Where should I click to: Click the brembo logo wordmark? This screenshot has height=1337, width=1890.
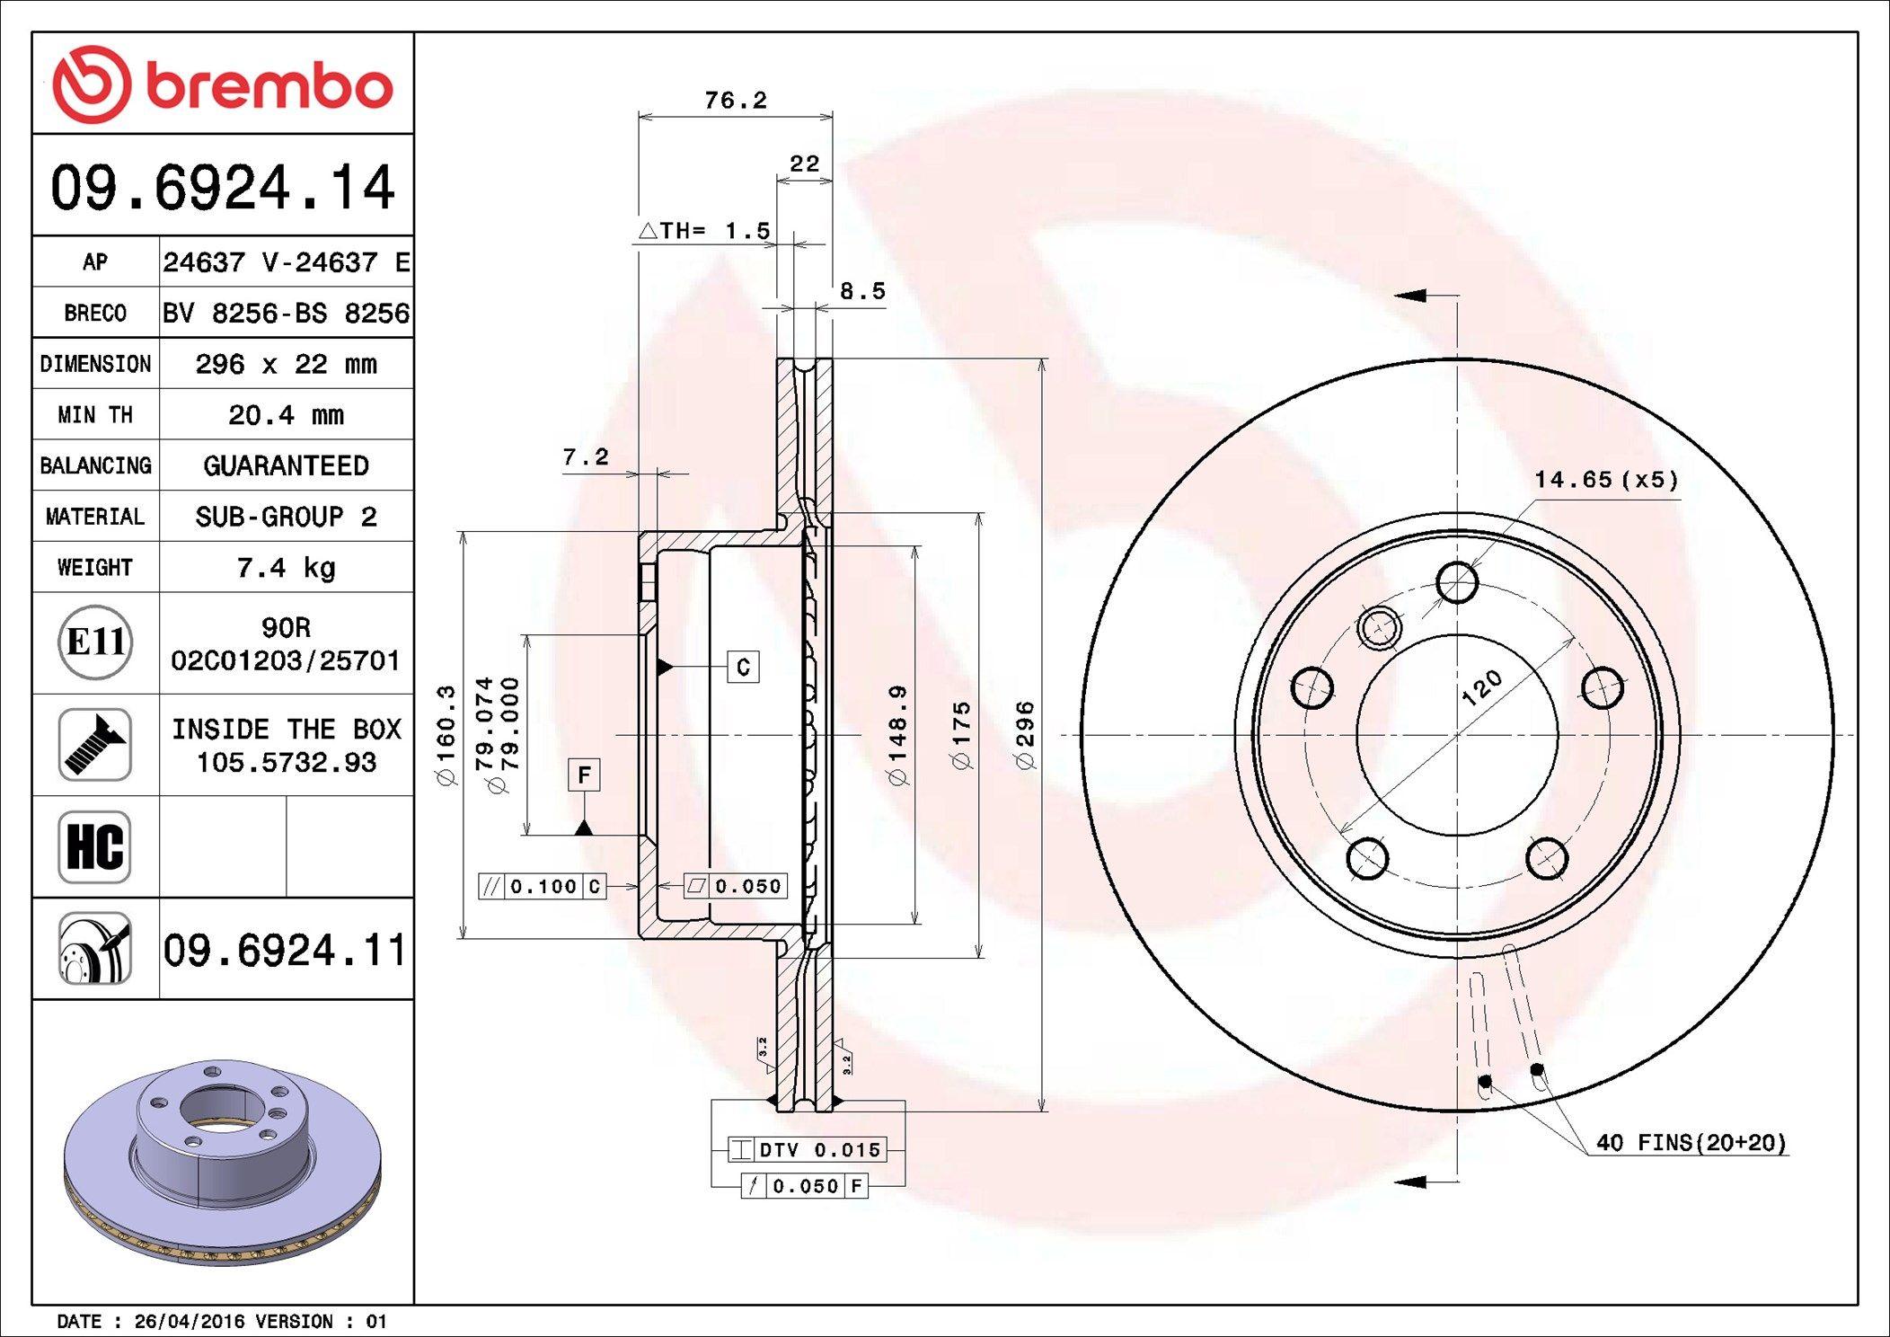pos(269,87)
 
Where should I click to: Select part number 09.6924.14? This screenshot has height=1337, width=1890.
pos(223,187)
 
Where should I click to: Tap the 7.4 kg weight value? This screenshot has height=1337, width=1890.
pos(286,568)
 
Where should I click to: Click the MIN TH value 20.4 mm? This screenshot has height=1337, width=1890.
pos(286,415)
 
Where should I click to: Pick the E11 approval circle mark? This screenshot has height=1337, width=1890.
pos(95,642)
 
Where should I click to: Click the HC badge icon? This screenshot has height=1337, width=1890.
pos(95,846)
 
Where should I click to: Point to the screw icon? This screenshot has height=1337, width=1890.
pos(95,744)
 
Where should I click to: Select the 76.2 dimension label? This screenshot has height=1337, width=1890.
pos(736,100)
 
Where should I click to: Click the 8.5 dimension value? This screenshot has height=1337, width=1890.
pos(862,291)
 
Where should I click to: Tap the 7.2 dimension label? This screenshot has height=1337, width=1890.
pos(586,457)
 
